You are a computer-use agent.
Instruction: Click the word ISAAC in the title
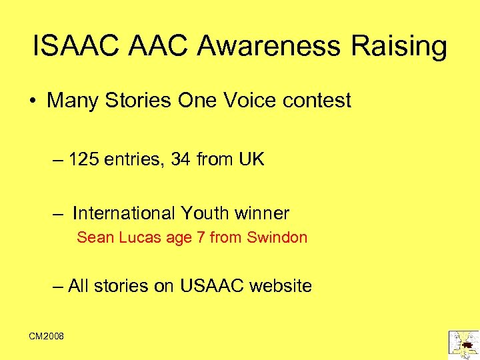[73, 47]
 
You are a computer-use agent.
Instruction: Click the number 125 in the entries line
[83, 160]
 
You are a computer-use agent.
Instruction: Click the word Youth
[205, 213]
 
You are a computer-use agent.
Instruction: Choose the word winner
[263, 213]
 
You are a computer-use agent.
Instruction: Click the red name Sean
[95, 237]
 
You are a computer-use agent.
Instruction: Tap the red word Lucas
[137, 237]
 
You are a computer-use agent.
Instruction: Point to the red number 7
[200, 237]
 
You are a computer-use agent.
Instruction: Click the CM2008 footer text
[46, 337]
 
